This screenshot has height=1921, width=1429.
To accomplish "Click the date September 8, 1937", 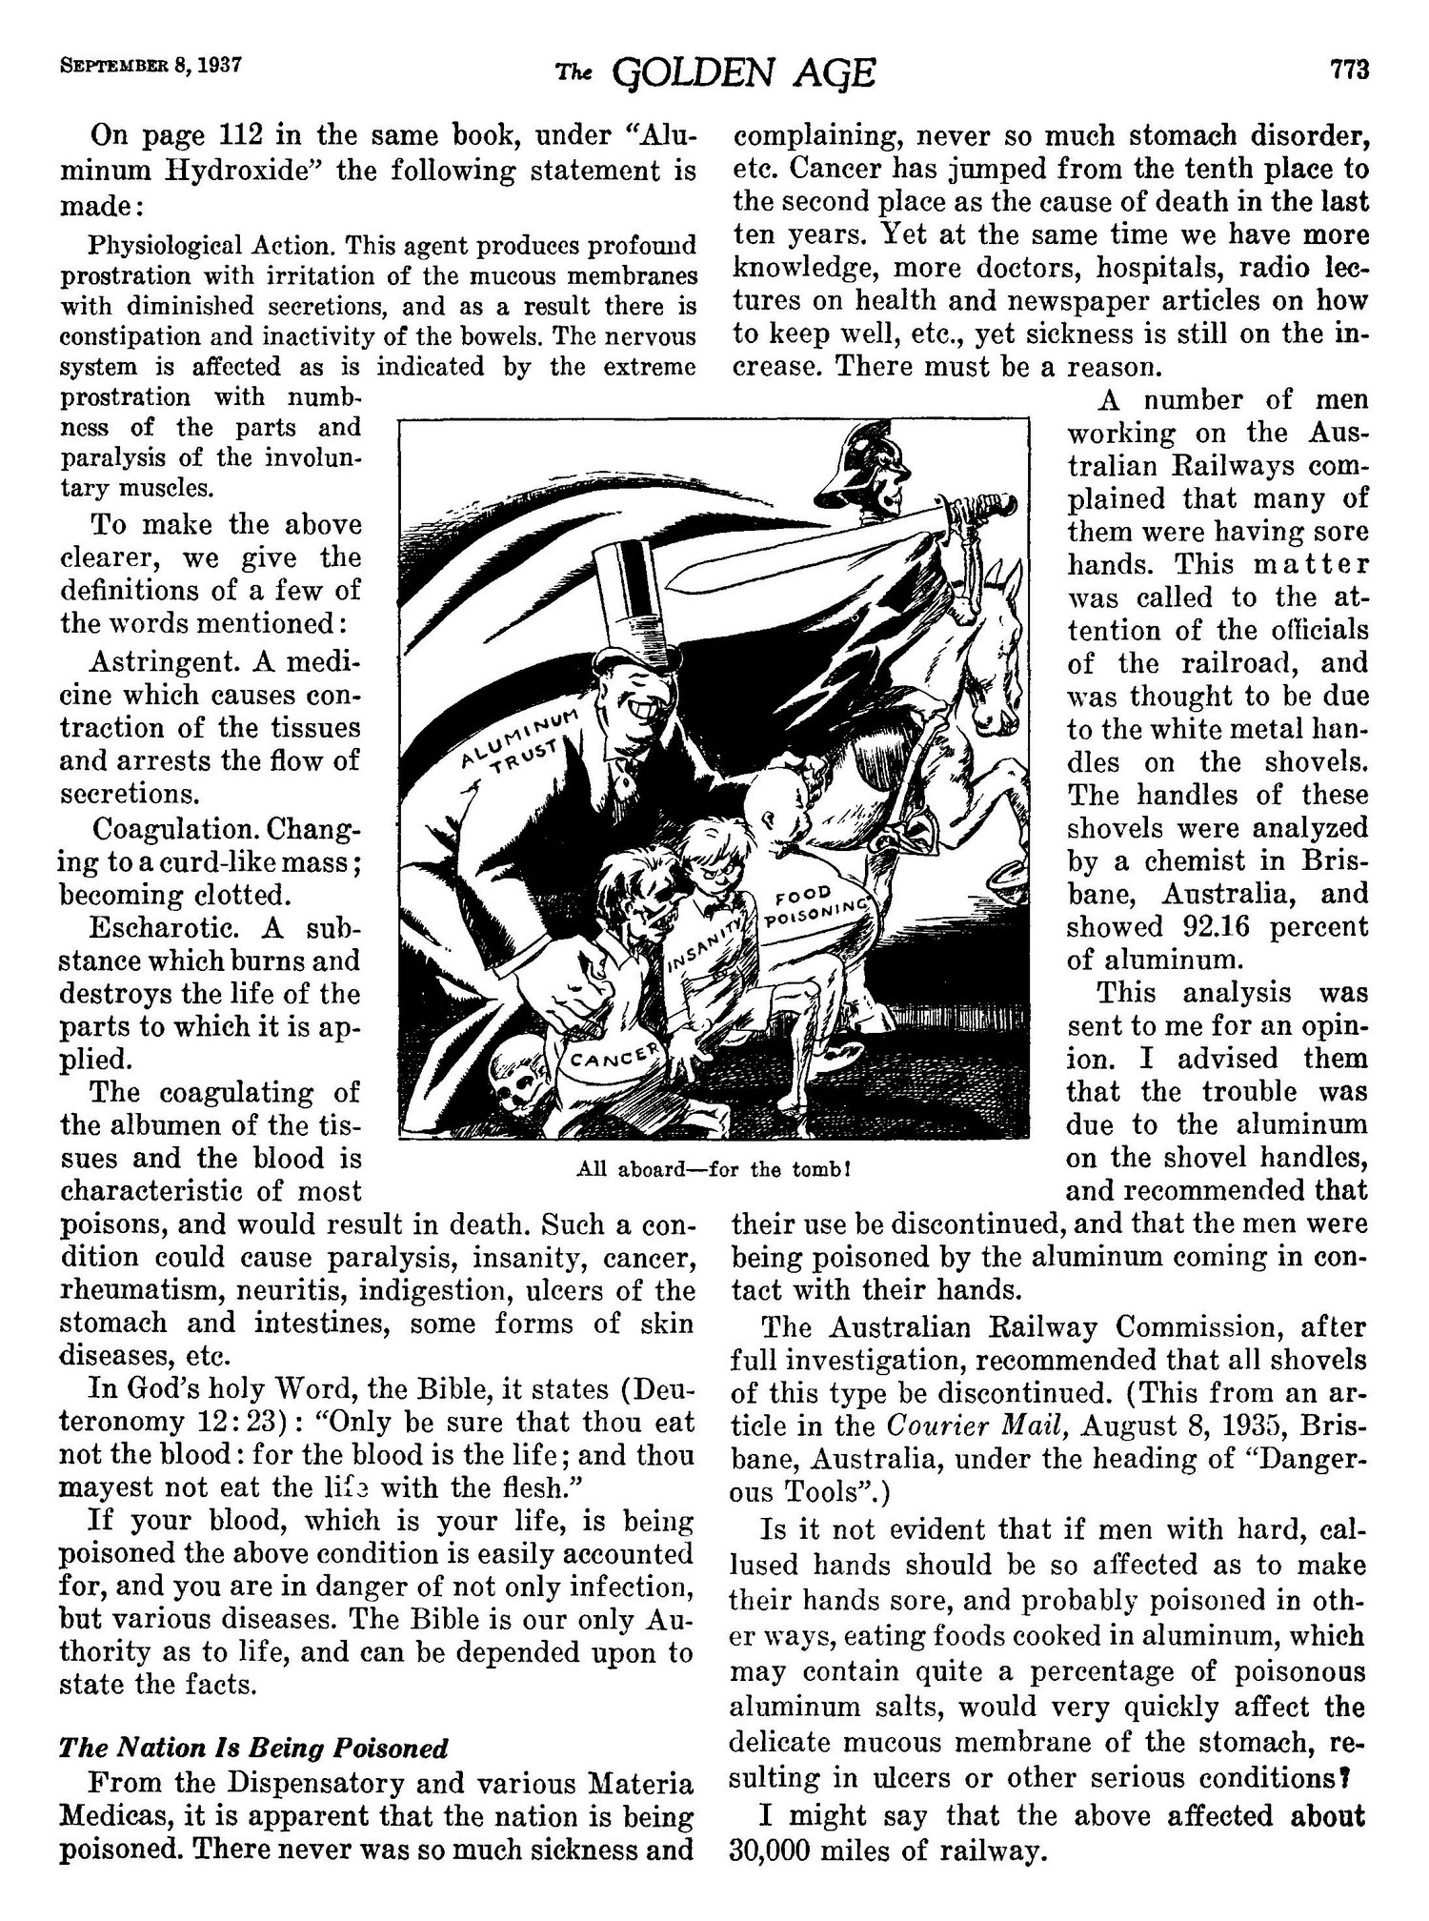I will pos(151,68).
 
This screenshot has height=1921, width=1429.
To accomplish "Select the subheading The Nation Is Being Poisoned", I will pos(253,1748).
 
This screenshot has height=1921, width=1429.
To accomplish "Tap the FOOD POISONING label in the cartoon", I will pos(816,911).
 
